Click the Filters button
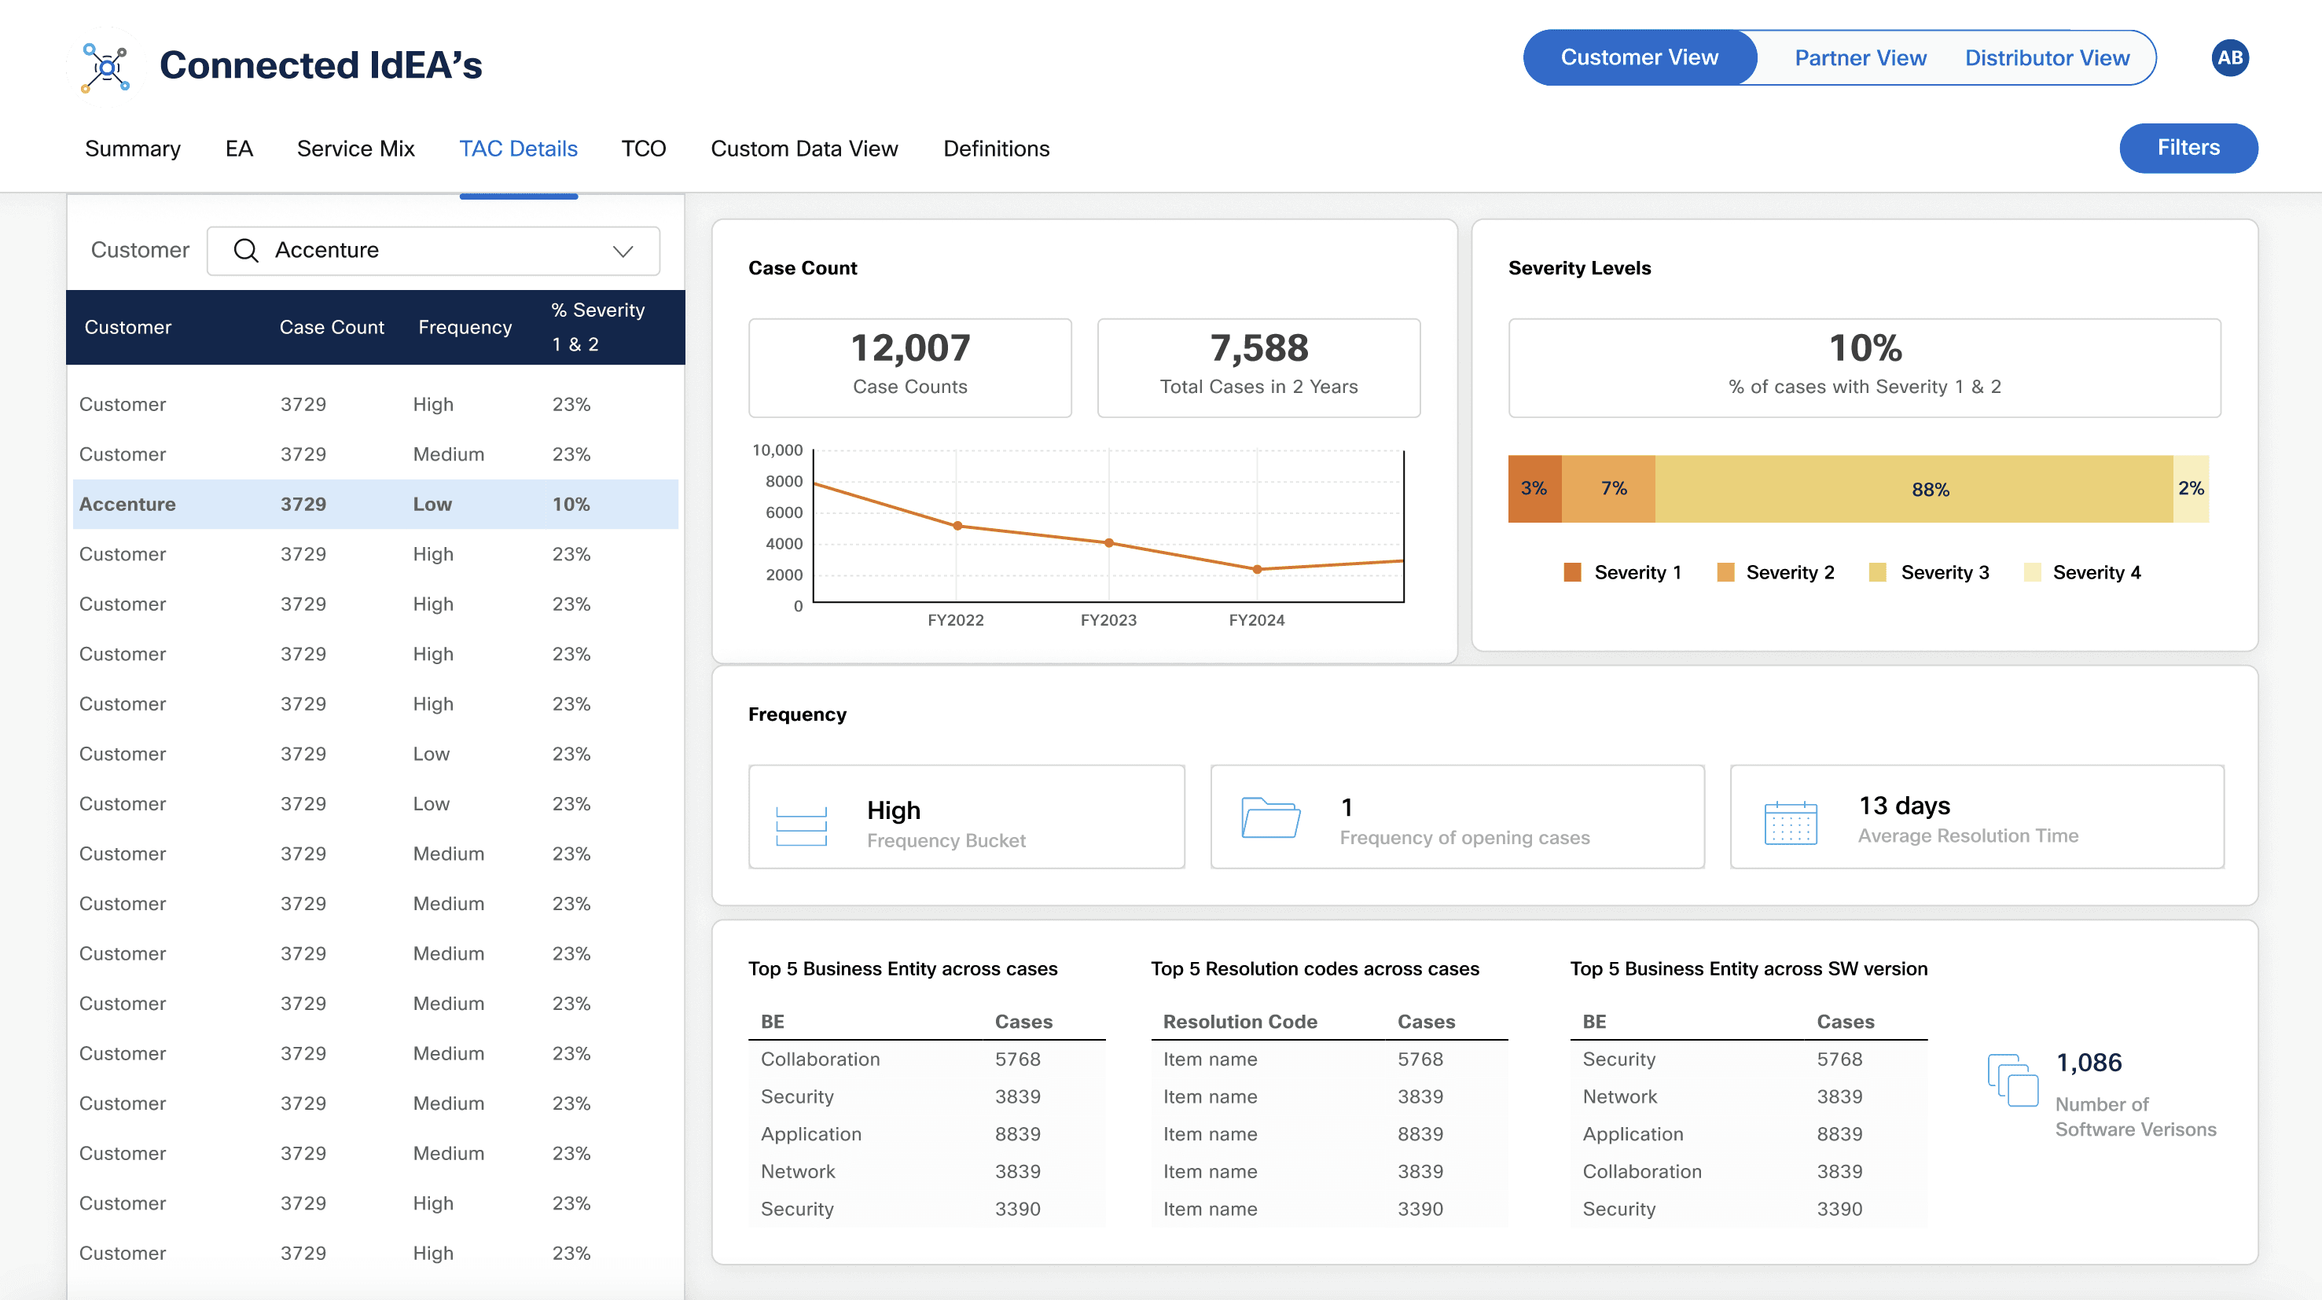point(2188,148)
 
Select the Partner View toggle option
point(1860,57)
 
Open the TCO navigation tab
point(643,149)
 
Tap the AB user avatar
point(2229,57)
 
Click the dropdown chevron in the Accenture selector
point(623,251)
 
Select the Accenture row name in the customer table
point(127,504)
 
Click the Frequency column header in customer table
point(465,327)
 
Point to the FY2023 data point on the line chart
point(1108,543)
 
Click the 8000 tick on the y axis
point(784,482)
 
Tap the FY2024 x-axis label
point(1257,620)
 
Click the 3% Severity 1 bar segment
point(1534,489)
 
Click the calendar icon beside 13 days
point(1790,822)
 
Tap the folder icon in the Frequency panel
point(1270,817)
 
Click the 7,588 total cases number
point(1258,348)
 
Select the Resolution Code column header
point(1240,1022)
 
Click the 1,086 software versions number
point(2089,1063)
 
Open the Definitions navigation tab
point(996,149)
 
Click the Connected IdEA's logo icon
point(106,67)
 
